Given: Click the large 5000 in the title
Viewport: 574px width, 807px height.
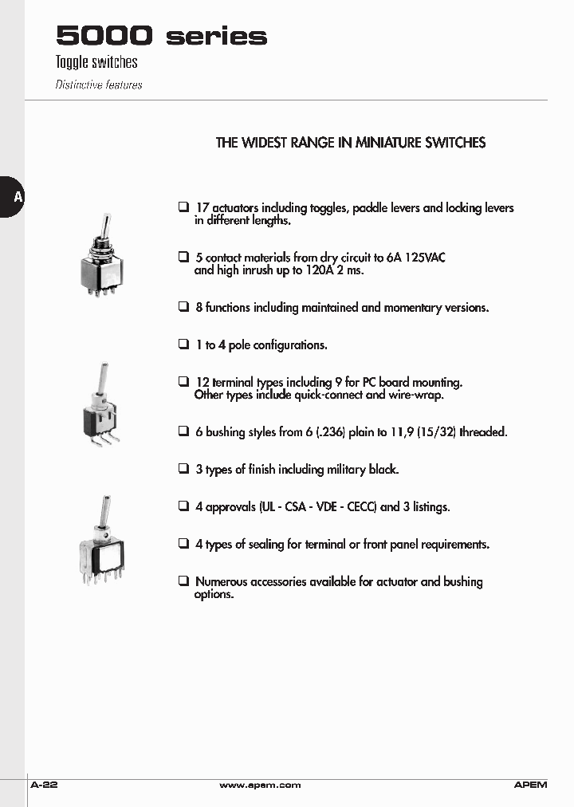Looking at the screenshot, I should [104, 36].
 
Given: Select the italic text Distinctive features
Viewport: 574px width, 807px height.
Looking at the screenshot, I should [99, 85].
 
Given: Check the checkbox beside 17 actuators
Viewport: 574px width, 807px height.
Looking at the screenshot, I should [183, 207].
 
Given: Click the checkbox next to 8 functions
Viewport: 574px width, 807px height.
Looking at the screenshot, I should [183, 306].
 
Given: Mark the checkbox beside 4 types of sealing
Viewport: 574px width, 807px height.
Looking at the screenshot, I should [183, 544].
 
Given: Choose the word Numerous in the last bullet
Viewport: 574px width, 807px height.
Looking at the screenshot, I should [221, 582].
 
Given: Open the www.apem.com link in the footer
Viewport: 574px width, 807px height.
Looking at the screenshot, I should [260, 785].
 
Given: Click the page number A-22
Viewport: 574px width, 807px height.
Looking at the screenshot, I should [44, 785].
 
